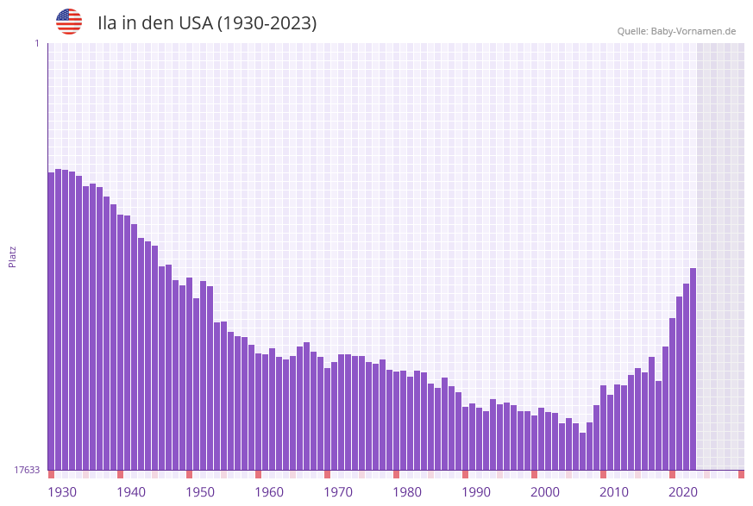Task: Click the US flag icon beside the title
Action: point(69,22)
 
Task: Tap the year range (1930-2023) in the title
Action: point(266,23)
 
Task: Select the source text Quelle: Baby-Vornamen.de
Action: point(676,31)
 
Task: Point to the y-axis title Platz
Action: point(13,256)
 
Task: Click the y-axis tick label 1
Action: point(36,43)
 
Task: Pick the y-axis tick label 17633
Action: point(27,470)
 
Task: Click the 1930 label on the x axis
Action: point(62,491)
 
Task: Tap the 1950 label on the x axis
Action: point(200,491)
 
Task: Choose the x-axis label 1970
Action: point(338,491)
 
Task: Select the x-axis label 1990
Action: point(476,491)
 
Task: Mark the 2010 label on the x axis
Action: point(614,491)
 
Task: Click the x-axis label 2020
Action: point(683,491)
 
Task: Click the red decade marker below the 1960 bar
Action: point(258,474)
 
